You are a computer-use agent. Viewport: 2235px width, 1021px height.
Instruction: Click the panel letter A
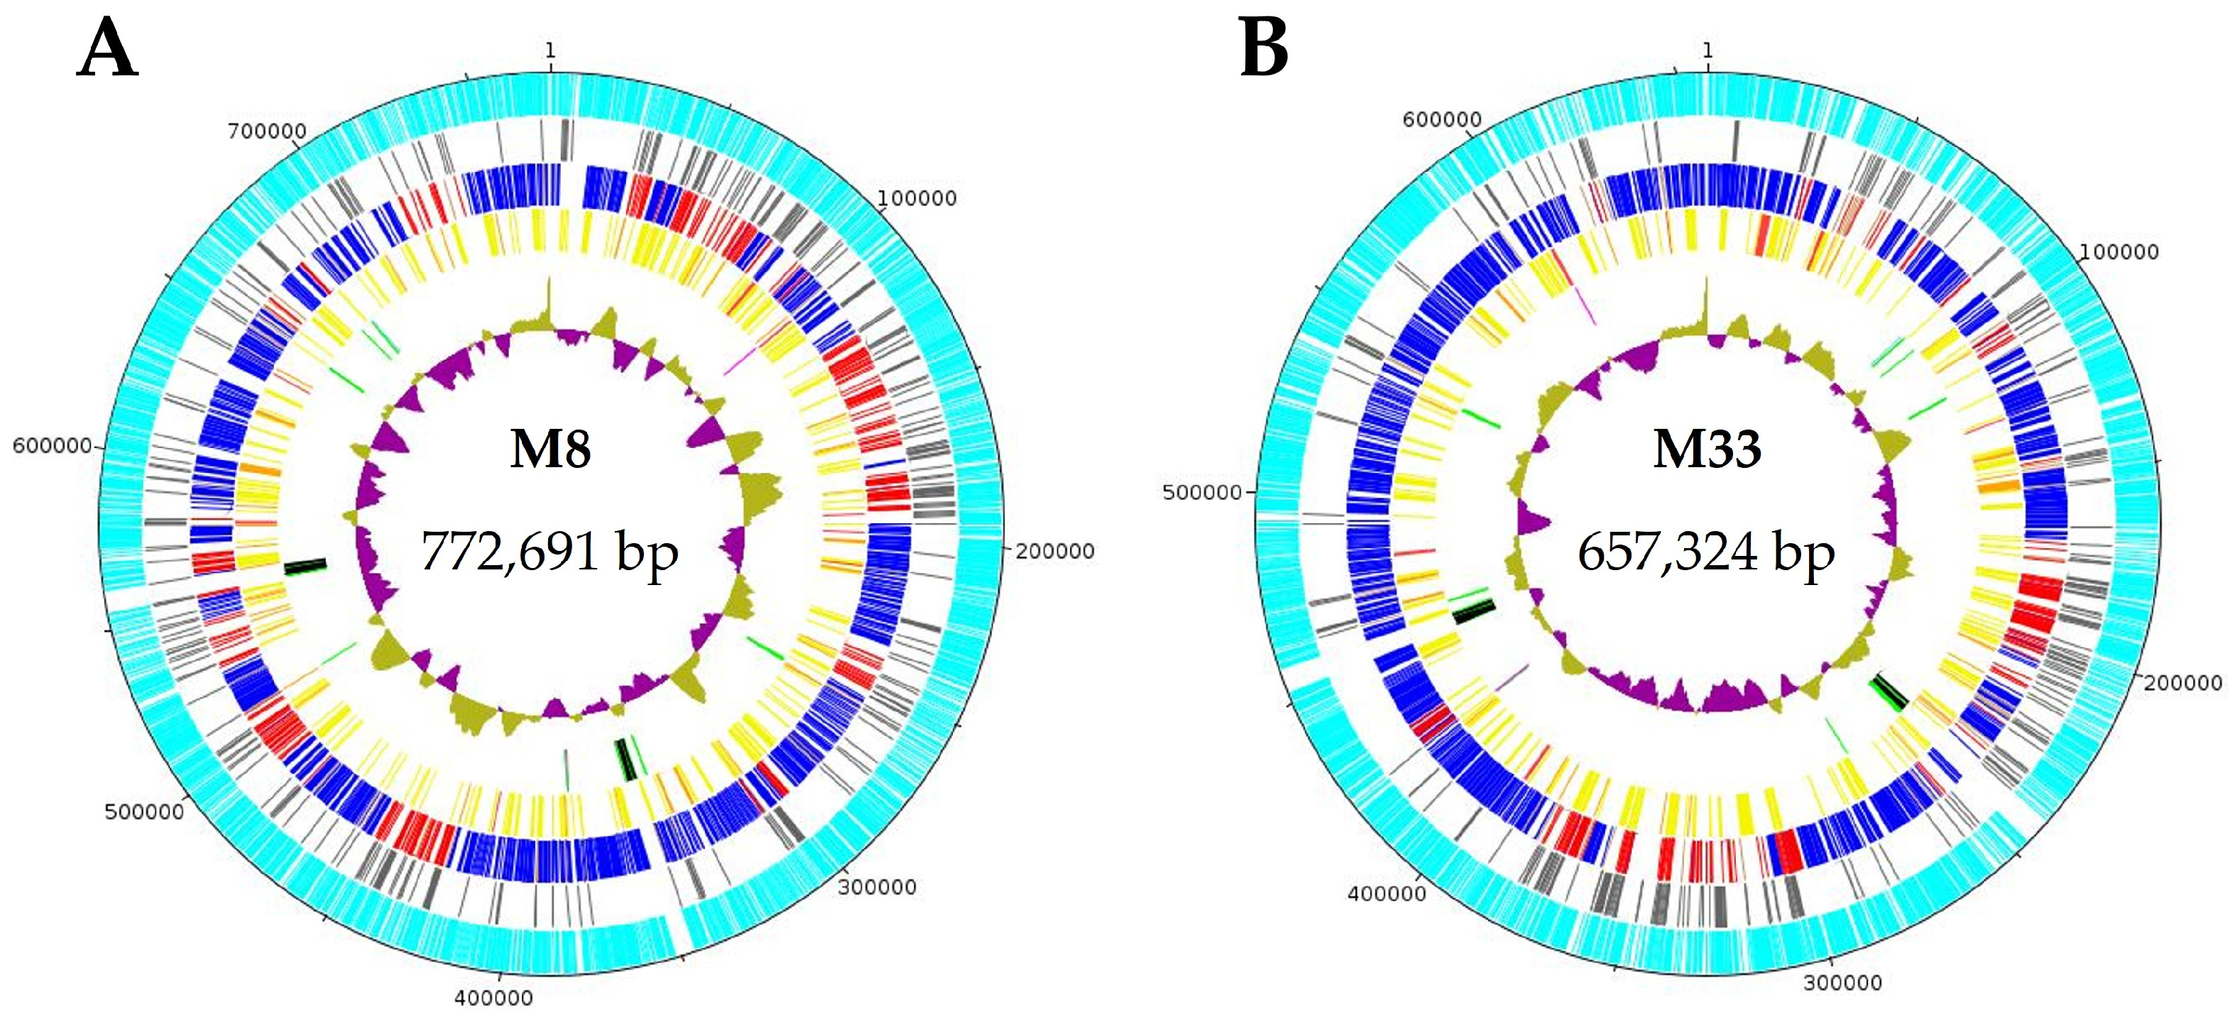pos(108,50)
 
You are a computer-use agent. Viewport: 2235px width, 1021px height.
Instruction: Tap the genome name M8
pos(550,449)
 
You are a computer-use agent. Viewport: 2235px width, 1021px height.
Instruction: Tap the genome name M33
pos(1707,449)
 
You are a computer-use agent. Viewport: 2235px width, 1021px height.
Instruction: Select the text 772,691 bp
pos(550,551)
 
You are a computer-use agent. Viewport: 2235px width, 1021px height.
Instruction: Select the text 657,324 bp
pos(1706,551)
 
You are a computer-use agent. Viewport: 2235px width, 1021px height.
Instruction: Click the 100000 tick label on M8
pos(917,199)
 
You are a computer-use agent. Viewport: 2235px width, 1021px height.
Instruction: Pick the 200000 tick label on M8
pos(1054,551)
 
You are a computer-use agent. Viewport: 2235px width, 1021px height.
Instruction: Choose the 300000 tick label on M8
pos(877,888)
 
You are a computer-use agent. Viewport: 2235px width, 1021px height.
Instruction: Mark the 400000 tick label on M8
pos(493,998)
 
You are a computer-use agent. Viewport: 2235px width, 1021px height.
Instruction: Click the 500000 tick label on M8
pos(144,812)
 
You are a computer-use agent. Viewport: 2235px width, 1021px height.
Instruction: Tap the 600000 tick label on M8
pos(52,446)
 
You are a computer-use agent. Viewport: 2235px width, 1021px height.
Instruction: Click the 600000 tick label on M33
pos(1442,120)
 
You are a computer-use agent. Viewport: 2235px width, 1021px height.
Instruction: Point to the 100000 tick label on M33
pos(2119,253)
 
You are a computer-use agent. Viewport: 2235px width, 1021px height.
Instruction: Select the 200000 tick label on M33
pos(2183,683)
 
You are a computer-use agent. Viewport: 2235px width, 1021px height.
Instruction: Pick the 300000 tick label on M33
pos(1843,983)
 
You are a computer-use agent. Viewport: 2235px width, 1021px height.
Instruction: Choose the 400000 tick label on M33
pos(1387,893)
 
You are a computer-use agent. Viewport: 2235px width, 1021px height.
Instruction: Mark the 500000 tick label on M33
pos(1203,493)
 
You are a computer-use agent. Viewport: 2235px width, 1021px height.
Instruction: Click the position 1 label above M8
pos(550,51)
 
